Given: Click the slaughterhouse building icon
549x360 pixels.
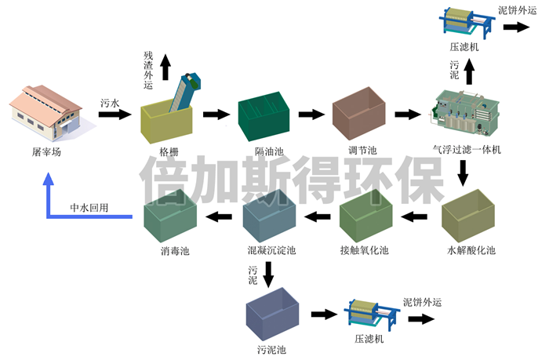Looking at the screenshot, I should pos(46,115).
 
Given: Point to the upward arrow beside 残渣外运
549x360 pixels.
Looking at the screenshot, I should pos(165,67).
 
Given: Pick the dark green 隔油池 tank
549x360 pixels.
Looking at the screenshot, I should pos(264,118).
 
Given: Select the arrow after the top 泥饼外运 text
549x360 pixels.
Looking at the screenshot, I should pos(515,26).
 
